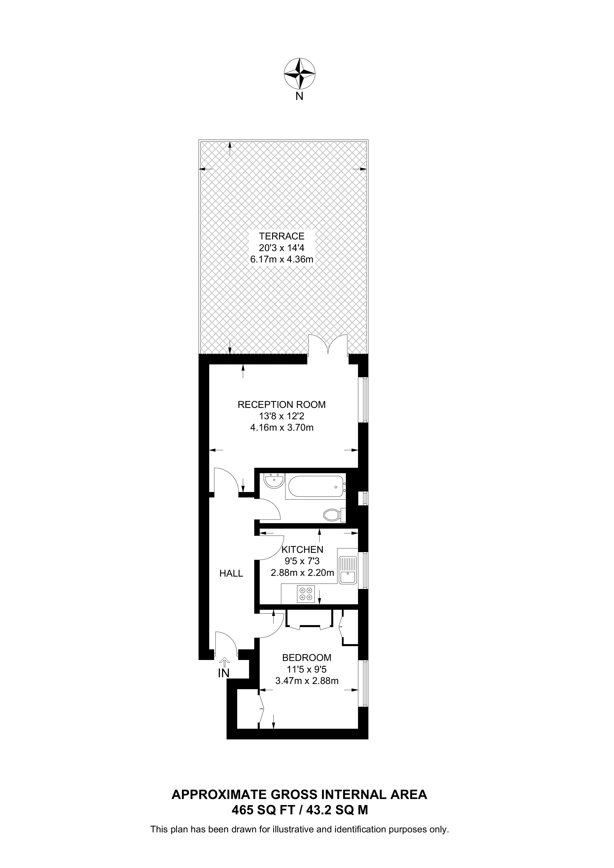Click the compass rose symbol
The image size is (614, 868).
click(x=300, y=73)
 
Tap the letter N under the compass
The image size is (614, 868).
click(x=299, y=96)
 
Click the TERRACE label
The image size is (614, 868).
click(x=282, y=236)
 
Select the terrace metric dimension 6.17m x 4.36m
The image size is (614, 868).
click(x=282, y=259)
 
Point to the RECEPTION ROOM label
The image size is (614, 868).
click(x=282, y=405)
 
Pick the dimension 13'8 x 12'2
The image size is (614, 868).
click(x=282, y=416)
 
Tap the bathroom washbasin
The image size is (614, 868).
click(x=274, y=482)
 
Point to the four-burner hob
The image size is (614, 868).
click(x=306, y=594)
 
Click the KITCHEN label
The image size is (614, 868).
click(x=302, y=549)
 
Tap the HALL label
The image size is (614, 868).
click(x=231, y=574)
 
